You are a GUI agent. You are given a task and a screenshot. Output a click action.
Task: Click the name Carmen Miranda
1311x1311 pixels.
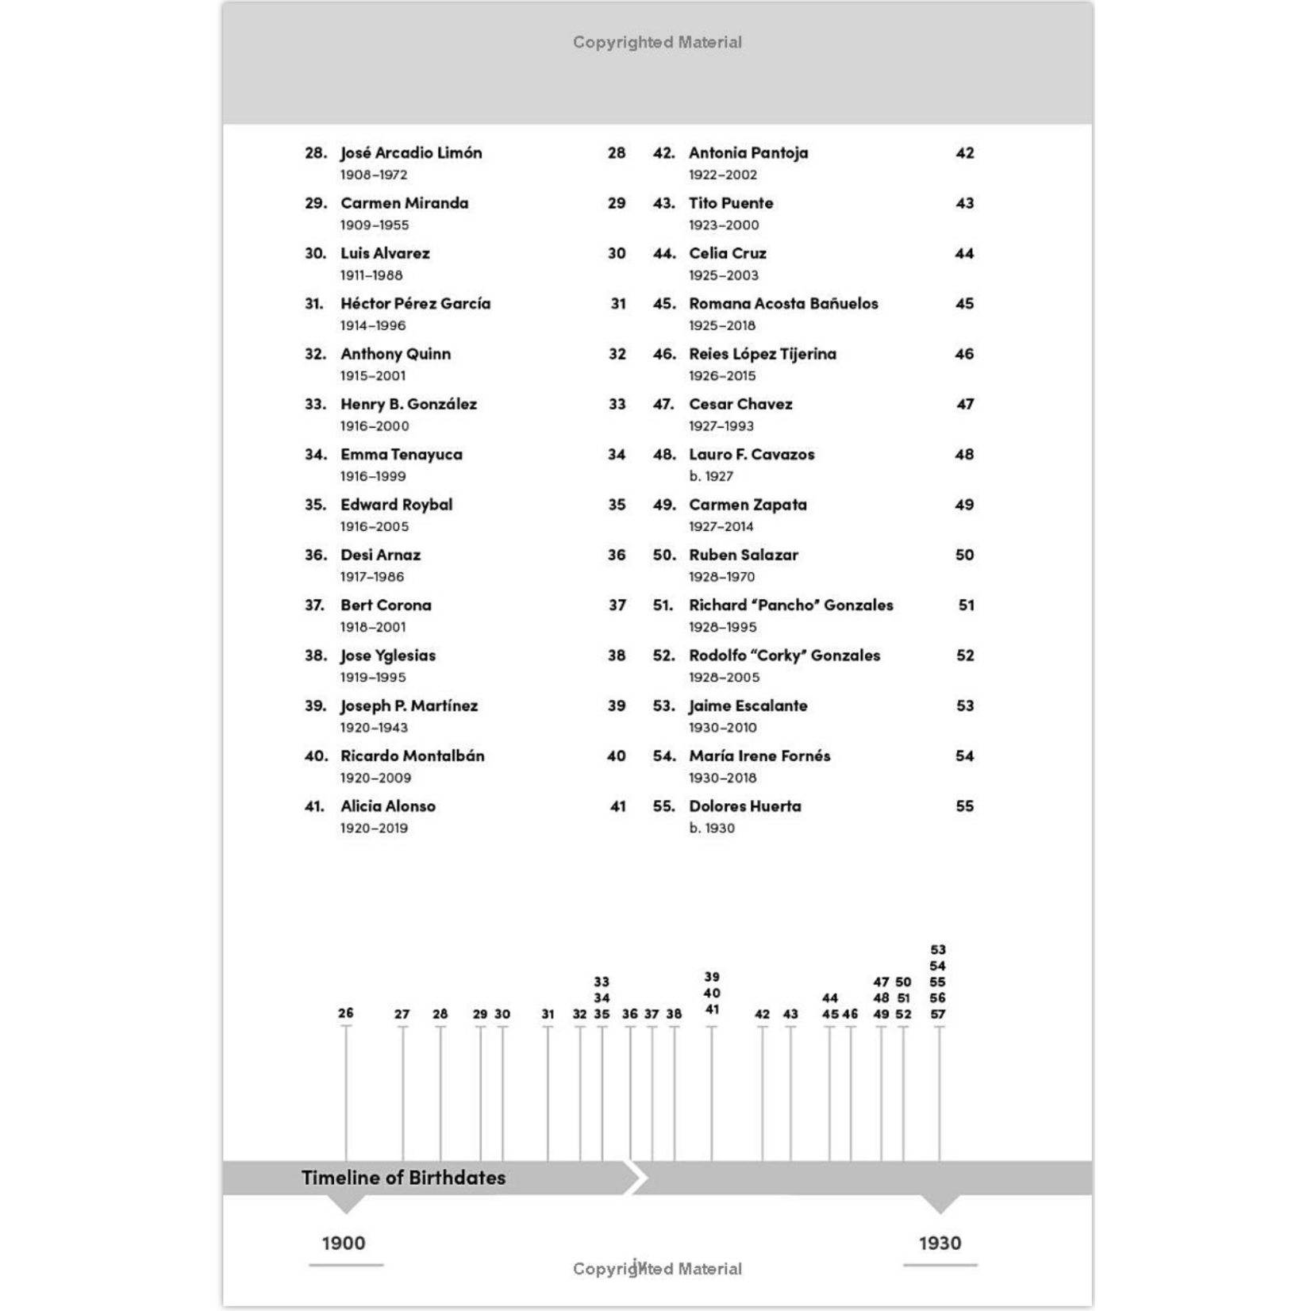(404, 203)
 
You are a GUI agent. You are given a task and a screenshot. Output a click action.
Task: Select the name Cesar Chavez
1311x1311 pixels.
(740, 404)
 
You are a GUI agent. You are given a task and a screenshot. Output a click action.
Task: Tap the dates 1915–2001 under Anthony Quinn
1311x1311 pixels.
(373, 376)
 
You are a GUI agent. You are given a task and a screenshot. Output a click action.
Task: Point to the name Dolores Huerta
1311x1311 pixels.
(745, 806)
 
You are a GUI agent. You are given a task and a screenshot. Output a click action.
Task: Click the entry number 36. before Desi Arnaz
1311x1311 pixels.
(316, 555)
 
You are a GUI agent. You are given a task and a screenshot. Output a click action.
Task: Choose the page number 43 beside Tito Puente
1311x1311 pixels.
(964, 203)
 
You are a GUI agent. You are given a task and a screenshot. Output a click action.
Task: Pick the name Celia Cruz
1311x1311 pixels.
(728, 253)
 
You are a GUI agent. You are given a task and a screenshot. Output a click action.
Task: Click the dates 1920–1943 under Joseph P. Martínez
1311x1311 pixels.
(374, 728)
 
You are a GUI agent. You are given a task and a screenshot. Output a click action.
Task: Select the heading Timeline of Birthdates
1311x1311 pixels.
(403, 1178)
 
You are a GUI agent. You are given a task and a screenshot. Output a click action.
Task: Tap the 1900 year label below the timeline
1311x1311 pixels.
(344, 1243)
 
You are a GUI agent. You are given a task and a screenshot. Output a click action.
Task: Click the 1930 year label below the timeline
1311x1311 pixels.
(940, 1243)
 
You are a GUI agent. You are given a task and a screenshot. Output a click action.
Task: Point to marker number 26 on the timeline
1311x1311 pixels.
(346, 1013)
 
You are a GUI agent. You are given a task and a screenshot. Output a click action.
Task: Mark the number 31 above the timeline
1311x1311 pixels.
(548, 1014)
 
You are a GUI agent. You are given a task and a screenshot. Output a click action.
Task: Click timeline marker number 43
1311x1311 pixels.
(790, 1014)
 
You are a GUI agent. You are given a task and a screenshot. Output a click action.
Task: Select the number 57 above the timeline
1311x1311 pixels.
(938, 1014)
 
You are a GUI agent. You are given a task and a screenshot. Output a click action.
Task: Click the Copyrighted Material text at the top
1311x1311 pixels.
(657, 43)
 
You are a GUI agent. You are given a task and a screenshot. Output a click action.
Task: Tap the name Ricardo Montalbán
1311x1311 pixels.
(412, 756)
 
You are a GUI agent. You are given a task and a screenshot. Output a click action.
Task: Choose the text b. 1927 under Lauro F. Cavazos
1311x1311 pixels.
(711, 476)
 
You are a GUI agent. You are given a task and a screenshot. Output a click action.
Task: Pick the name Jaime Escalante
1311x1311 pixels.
(748, 705)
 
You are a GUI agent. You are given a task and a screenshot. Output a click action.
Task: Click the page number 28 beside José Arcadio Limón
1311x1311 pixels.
(617, 153)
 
